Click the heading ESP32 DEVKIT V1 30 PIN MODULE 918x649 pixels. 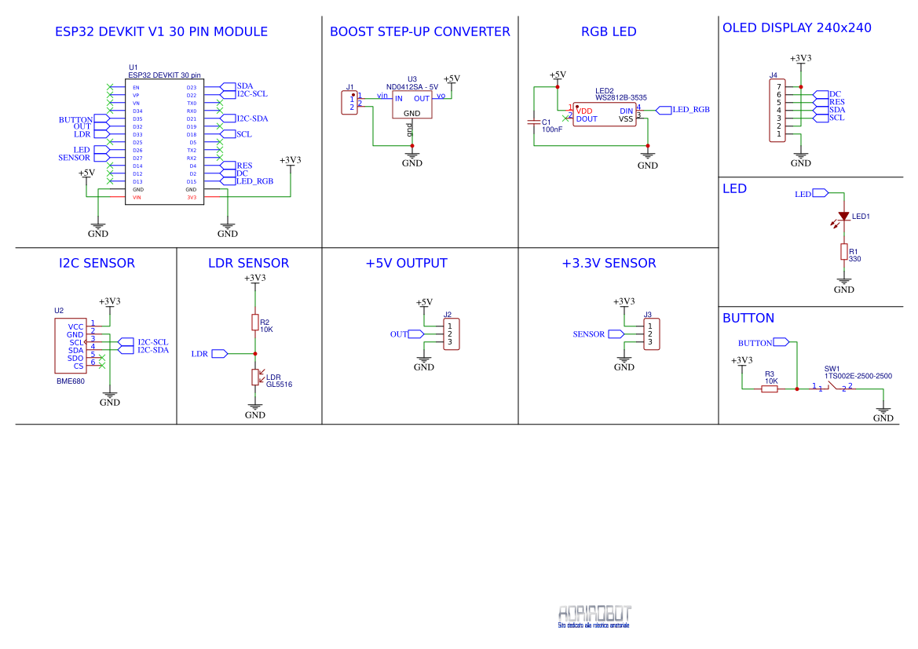pos(161,32)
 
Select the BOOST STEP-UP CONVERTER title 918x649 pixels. pos(419,32)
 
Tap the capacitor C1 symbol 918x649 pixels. pos(535,122)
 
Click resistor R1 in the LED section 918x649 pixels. pos(844,252)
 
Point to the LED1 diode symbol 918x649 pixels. pos(844,217)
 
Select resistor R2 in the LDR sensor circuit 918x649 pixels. pos(254,323)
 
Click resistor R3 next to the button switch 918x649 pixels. pos(770,388)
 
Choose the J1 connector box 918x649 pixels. pos(349,103)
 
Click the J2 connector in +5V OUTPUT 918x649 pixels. pos(451,334)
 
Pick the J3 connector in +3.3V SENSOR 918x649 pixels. pos(650,334)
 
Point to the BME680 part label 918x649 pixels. pos(70,381)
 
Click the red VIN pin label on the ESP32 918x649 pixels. pos(137,198)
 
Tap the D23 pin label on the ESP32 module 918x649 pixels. pos(191,87)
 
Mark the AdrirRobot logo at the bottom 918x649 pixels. pos(594,615)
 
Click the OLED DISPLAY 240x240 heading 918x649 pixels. pos(796,28)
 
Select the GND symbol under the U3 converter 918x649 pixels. pos(412,159)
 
